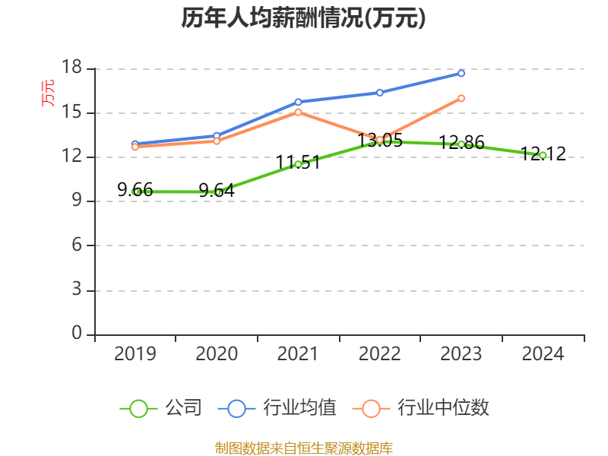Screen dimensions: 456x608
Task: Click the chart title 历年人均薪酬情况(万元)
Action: click(x=303, y=18)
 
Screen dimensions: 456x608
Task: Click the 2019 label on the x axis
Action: click(x=135, y=354)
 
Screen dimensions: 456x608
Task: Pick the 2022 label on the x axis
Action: click(x=379, y=354)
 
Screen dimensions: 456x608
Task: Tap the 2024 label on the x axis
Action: click(x=543, y=354)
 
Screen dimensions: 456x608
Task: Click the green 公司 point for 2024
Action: click(x=543, y=155)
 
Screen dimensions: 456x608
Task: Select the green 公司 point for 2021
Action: click(x=299, y=164)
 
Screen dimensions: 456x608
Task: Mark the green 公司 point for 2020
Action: click(x=217, y=192)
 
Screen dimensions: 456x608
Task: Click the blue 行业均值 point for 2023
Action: click(x=461, y=73)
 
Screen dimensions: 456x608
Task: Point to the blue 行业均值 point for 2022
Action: click(x=380, y=93)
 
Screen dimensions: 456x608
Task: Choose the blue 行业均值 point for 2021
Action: click(x=299, y=102)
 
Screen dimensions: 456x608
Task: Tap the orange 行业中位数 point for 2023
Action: click(x=461, y=98)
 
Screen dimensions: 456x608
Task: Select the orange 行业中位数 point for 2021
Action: click(x=299, y=112)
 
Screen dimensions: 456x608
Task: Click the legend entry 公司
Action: click(x=161, y=408)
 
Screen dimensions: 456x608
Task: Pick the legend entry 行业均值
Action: click(x=277, y=408)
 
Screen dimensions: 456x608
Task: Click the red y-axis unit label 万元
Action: click(x=48, y=93)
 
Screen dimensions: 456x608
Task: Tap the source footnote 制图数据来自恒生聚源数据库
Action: click(x=303, y=448)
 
